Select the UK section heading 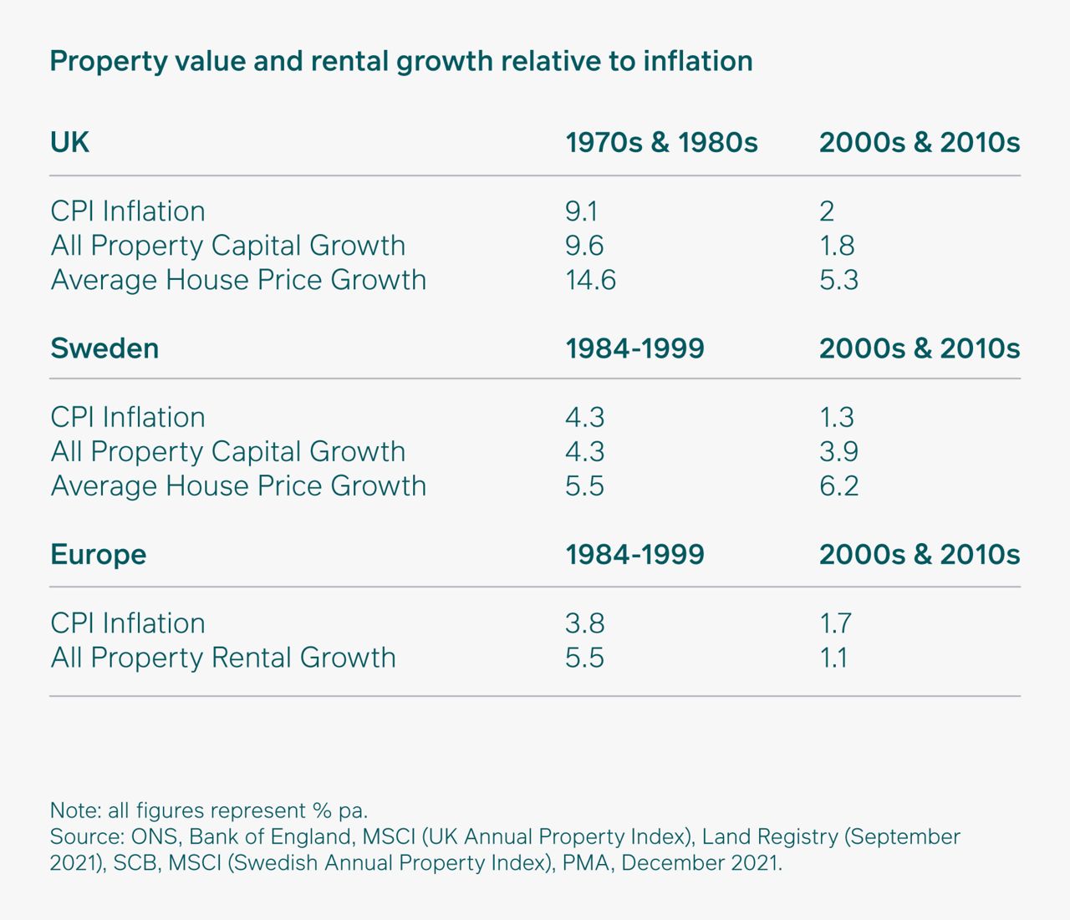click(x=69, y=142)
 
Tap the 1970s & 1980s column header click(x=661, y=142)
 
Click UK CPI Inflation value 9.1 click(x=581, y=211)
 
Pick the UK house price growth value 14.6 click(x=590, y=279)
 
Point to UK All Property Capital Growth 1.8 click(x=837, y=245)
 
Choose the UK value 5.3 click(x=838, y=279)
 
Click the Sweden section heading click(x=104, y=348)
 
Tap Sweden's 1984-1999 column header click(x=634, y=348)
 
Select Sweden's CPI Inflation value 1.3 click(x=837, y=417)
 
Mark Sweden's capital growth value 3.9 click(x=838, y=451)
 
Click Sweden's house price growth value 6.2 click(x=838, y=485)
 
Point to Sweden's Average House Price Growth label click(x=238, y=485)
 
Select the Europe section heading click(x=98, y=554)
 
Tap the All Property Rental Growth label click(x=223, y=658)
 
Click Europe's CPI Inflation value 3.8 click(x=584, y=623)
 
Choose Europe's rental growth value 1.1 click(x=833, y=658)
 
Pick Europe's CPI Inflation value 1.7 click(x=835, y=623)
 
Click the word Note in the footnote click(x=75, y=811)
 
